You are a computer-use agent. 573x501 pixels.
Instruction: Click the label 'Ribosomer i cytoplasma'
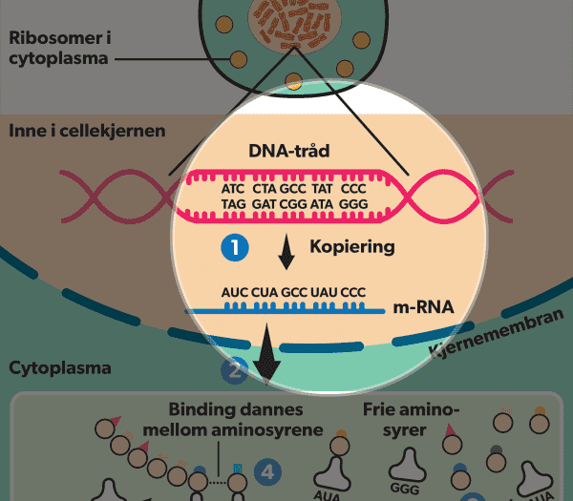59,49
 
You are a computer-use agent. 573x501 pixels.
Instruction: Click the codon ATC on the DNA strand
232,189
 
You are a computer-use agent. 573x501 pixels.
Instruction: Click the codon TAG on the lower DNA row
233,204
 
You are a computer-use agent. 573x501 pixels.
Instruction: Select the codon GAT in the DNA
265,204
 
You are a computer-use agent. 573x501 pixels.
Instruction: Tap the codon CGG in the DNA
292,204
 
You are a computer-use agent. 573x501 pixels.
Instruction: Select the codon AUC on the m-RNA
234,291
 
